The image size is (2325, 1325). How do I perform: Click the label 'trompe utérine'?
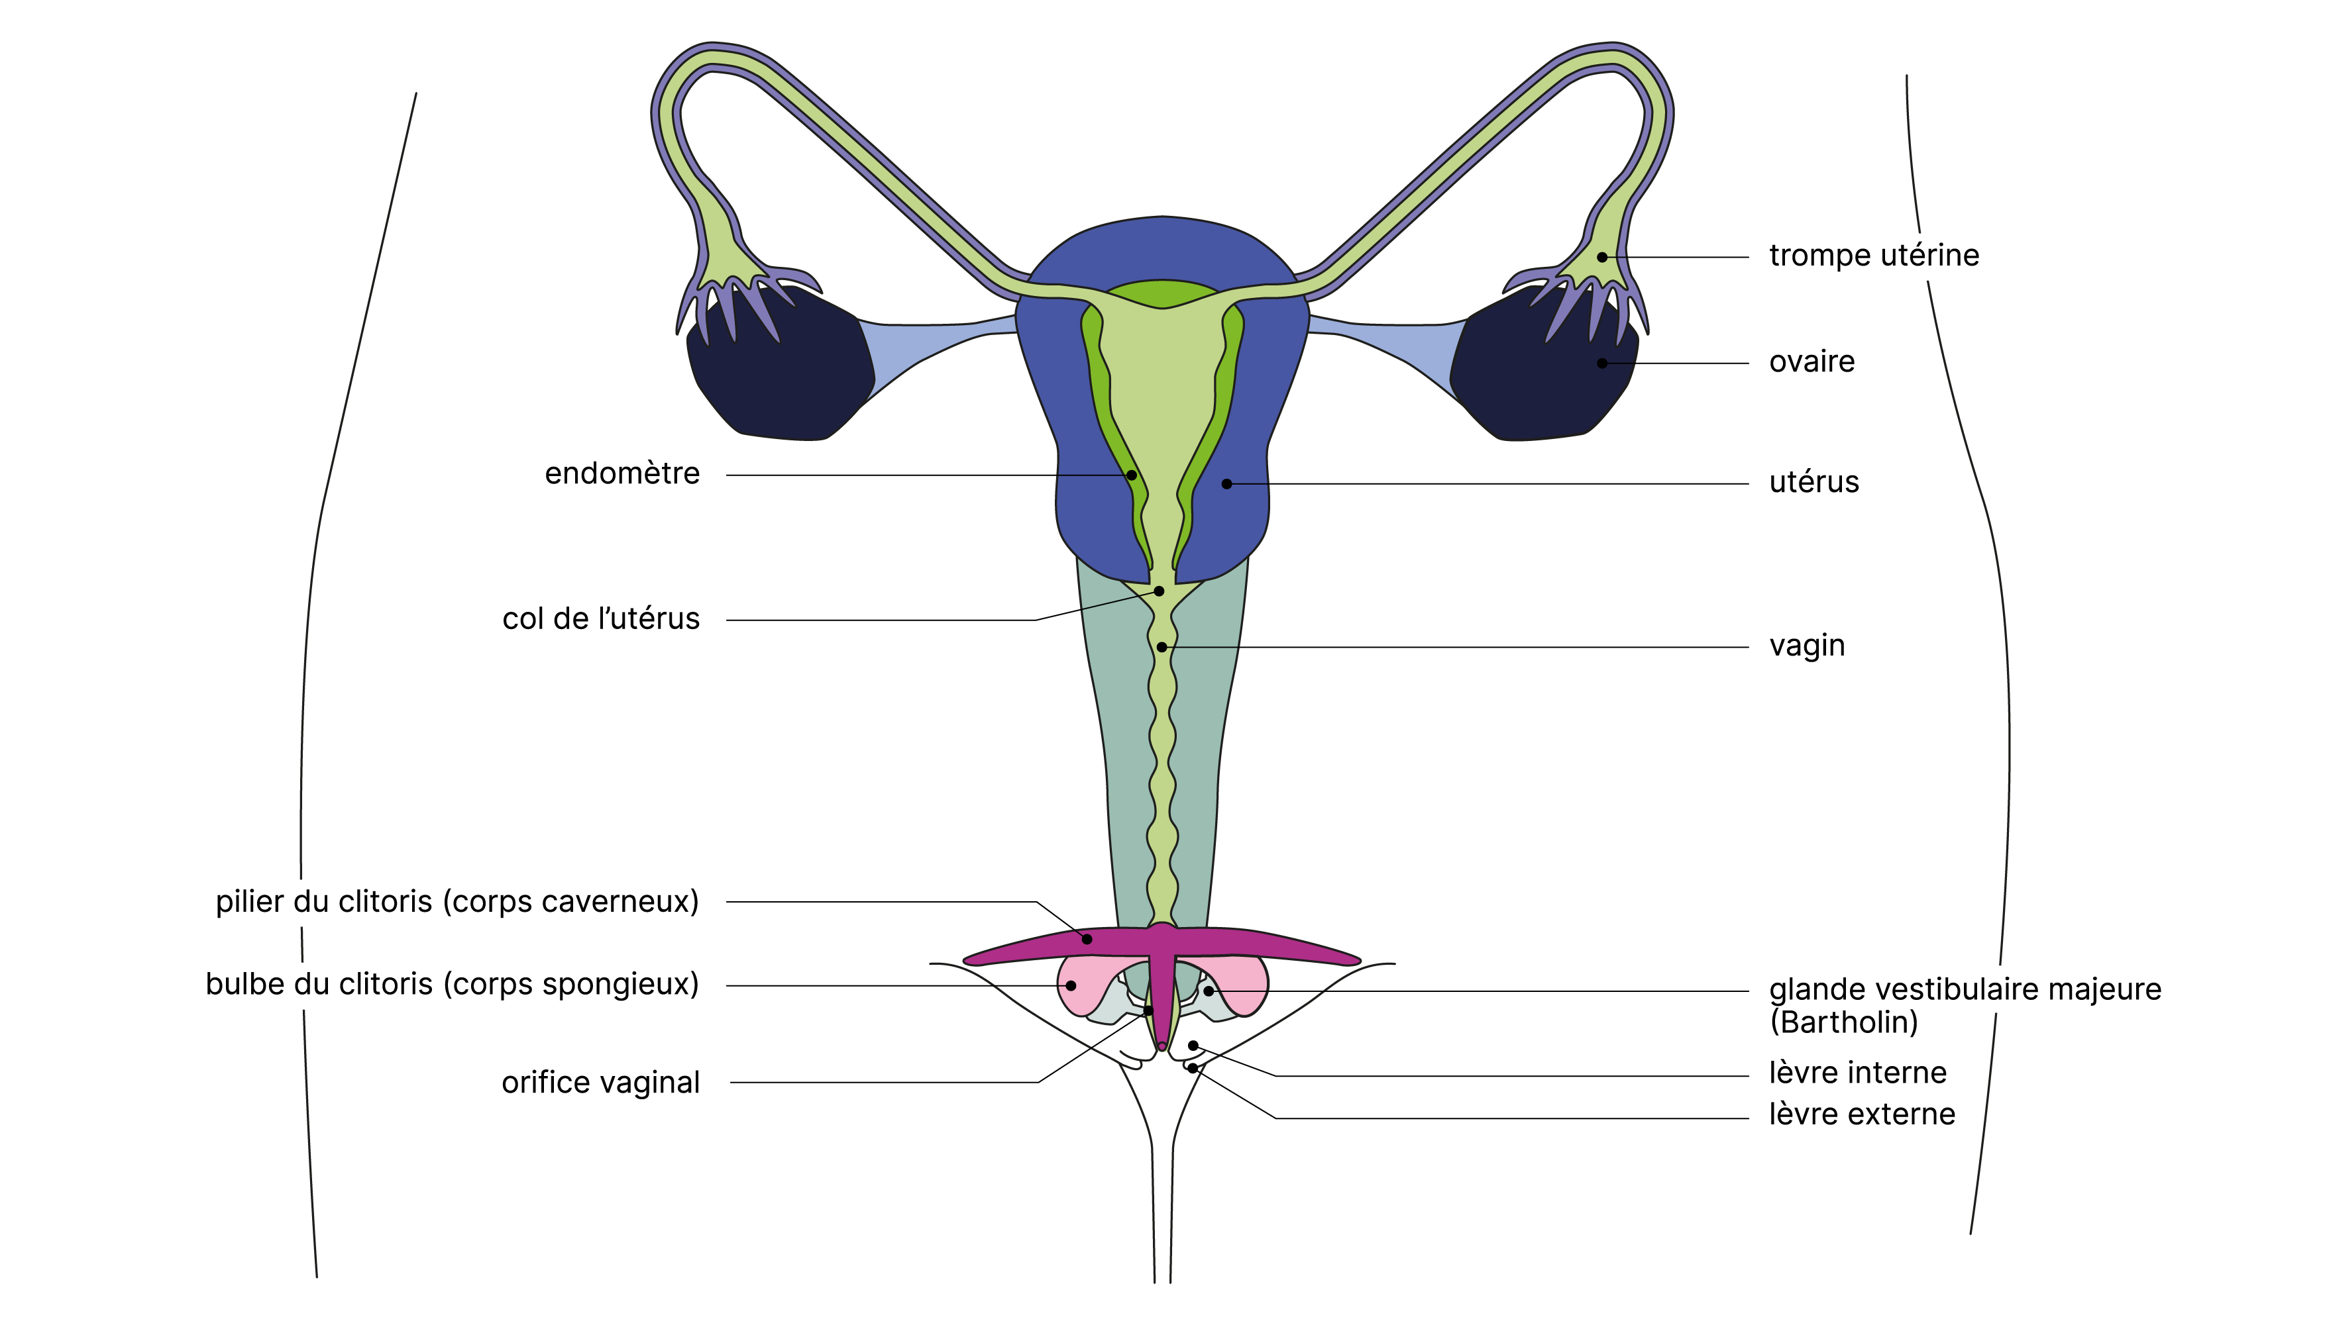click(1874, 256)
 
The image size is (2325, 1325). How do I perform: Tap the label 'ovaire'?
click(1811, 362)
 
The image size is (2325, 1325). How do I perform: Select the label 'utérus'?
click(1813, 482)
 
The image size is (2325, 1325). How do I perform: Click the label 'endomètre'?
click(622, 474)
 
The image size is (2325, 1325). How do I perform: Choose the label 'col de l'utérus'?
click(601, 620)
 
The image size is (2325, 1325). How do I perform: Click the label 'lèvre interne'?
click(1857, 1073)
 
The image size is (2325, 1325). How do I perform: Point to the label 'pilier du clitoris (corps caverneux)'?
click(457, 902)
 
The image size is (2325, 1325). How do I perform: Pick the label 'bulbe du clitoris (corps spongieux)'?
click(453, 985)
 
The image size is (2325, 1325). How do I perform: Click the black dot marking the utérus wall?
click(1226, 484)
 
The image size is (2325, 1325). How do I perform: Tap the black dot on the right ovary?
click(1602, 363)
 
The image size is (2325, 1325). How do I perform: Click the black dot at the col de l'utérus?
click(1159, 591)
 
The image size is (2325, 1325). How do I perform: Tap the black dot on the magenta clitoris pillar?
click(1087, 938)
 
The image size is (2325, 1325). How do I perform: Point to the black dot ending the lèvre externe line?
click(1191, 1068)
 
